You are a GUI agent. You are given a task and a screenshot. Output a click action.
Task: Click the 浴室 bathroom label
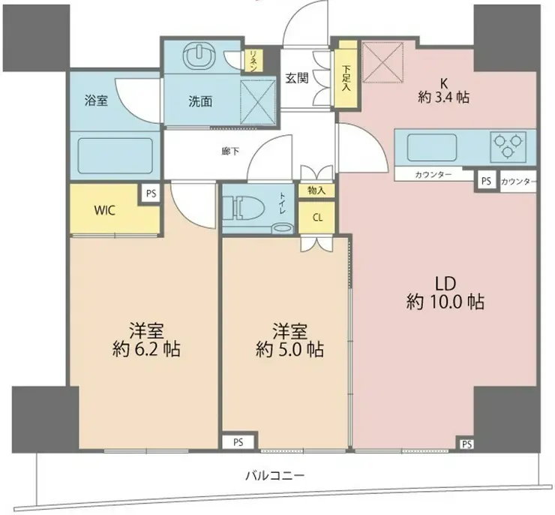coord(96,100)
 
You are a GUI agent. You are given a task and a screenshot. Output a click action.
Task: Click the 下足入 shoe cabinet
coord(345,79)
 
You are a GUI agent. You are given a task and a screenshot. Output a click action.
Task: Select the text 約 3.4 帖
coord(443,97)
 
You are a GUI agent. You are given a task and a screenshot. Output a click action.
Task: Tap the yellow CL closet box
coord(316,218)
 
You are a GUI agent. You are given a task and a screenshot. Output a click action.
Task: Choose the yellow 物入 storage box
coord(316,191)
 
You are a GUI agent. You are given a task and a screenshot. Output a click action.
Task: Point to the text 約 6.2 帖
coord(147,350)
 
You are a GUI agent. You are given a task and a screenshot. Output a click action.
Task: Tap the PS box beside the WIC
coord(151,193)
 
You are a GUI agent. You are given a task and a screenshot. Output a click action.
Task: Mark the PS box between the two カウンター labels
coord(486,181)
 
